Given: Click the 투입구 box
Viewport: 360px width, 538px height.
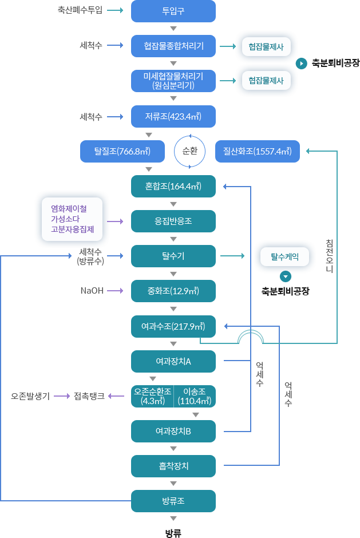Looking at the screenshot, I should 173,11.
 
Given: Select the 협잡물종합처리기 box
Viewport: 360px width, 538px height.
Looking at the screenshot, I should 173,46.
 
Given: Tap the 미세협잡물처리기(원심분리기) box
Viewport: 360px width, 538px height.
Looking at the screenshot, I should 173,81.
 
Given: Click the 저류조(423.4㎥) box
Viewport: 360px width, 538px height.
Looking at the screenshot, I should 173,116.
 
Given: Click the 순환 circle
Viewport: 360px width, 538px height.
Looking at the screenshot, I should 189,151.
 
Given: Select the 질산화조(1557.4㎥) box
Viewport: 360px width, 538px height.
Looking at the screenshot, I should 257,151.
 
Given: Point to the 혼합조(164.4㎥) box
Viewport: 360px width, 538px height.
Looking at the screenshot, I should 173,186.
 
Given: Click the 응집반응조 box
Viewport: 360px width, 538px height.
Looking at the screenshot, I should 173,221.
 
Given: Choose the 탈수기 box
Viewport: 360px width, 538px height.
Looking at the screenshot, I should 173,256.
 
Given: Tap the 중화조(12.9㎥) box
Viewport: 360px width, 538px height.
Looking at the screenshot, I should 173,291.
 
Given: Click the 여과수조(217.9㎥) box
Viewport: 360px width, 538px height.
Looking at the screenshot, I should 173,326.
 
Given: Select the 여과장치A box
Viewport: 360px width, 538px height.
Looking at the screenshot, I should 173,361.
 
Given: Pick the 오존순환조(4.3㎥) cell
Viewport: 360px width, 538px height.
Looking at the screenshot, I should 152,396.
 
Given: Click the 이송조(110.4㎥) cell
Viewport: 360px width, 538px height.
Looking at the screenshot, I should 195,396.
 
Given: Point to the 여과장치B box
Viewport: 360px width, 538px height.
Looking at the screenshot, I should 173,431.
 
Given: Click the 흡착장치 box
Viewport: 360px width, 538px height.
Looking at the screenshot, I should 173,466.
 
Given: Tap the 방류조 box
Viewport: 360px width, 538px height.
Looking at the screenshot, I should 173,501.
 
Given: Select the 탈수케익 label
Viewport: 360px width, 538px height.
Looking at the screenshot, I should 284,256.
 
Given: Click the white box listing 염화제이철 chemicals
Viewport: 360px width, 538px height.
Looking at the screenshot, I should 72,219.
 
